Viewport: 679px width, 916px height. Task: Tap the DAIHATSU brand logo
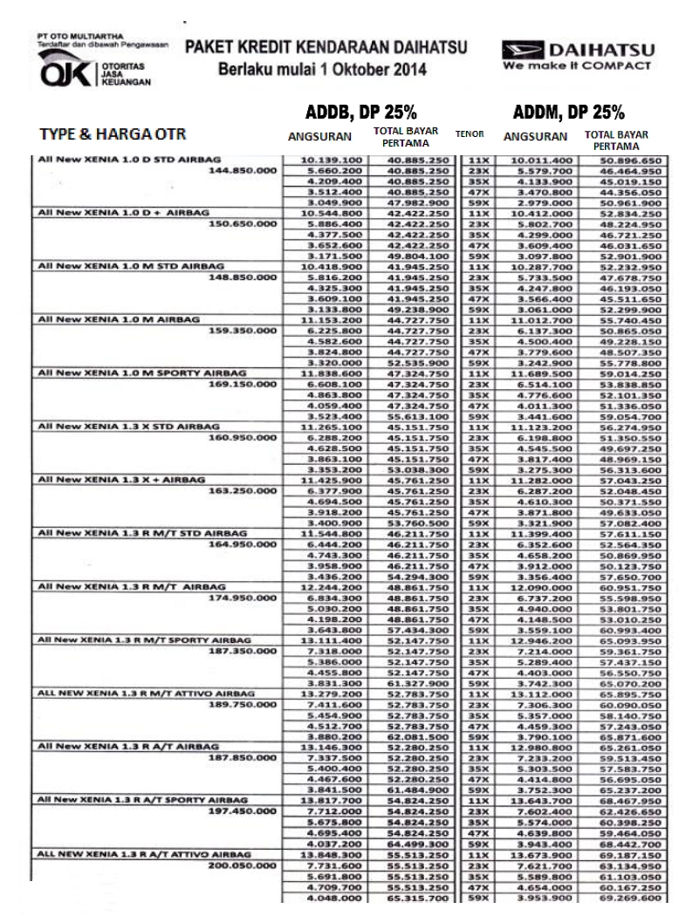pyautogui.click(x=577, y=50)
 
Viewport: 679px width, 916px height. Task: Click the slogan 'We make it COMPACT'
pyautogui.click(x=577, y=65)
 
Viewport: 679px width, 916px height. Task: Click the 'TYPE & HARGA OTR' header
pyautogui.click(x=111, y=135)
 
